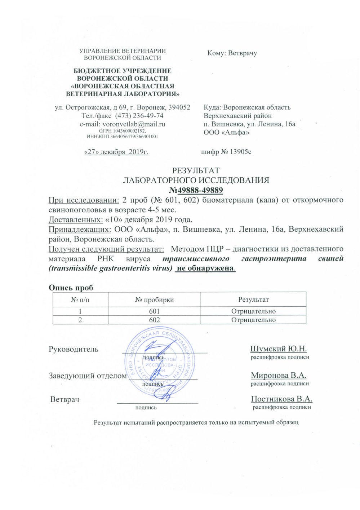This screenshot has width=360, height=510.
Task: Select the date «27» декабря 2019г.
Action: (x=116, y=152)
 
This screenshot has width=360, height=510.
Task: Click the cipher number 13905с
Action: (x=241, y=152)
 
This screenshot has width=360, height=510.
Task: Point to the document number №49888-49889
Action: (x=196, y=190)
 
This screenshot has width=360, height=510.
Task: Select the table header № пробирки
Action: (x=154, y=300)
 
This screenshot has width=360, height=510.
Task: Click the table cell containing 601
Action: (x=154, y=311)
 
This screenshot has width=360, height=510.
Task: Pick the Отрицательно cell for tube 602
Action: (x=253, y=320)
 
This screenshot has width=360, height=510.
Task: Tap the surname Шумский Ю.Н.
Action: (x=278, y=349)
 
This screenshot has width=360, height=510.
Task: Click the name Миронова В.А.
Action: (x=279, y=375)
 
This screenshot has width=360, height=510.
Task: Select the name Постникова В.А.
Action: (x=281, y=399)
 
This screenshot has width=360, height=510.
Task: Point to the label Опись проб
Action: (x=71, y=288)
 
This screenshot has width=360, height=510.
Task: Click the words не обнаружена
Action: (x=205, y=268)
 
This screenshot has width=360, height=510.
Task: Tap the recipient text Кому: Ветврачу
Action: (x=232, y=53)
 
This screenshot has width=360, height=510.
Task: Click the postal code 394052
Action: (x=179, y=107)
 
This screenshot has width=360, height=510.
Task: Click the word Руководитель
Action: (x=74, y=349)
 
